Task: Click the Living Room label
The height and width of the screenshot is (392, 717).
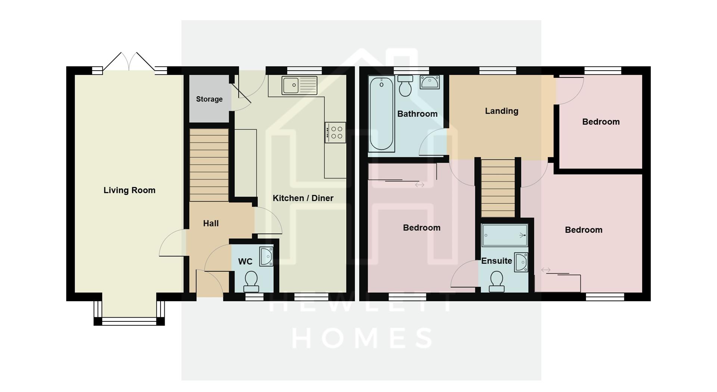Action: tap(129, 190)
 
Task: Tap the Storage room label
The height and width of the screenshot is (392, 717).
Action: tap(209, 99)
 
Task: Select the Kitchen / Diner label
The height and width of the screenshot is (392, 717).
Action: tap(303, 198)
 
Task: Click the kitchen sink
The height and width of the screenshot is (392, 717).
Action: tap(299, 85)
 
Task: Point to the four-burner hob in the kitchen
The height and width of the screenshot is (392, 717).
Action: tap(335, 133)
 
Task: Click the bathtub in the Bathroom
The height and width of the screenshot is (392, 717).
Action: tap(381, 113)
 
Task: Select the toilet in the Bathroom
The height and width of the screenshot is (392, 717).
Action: tap(405, 86)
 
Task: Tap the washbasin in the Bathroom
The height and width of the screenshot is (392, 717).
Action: tap(429, 82)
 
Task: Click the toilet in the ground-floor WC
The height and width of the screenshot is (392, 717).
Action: tap(251, 281)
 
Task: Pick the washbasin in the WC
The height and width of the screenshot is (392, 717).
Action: tap(267, 256)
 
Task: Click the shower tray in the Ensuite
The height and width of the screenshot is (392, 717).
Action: tap(505, 235)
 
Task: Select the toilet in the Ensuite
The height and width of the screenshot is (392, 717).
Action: tap(497, 281)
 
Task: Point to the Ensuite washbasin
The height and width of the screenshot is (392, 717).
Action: tap(521, 262)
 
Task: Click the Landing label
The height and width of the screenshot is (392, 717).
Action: tap(502, 111)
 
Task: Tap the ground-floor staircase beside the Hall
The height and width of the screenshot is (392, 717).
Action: tap(209, 165)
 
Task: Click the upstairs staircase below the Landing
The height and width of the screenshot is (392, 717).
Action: tap(498, 188)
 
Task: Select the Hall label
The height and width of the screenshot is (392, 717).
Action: tap(211, 223)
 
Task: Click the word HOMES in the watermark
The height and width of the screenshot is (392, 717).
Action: tap(362, 338)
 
